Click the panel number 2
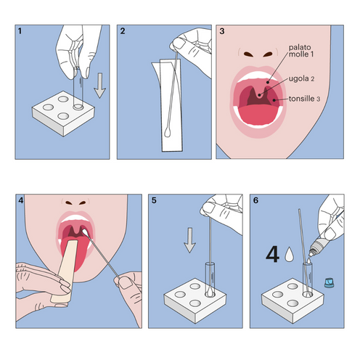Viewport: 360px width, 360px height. [123, 32]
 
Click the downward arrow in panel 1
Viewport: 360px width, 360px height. [99, 91]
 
